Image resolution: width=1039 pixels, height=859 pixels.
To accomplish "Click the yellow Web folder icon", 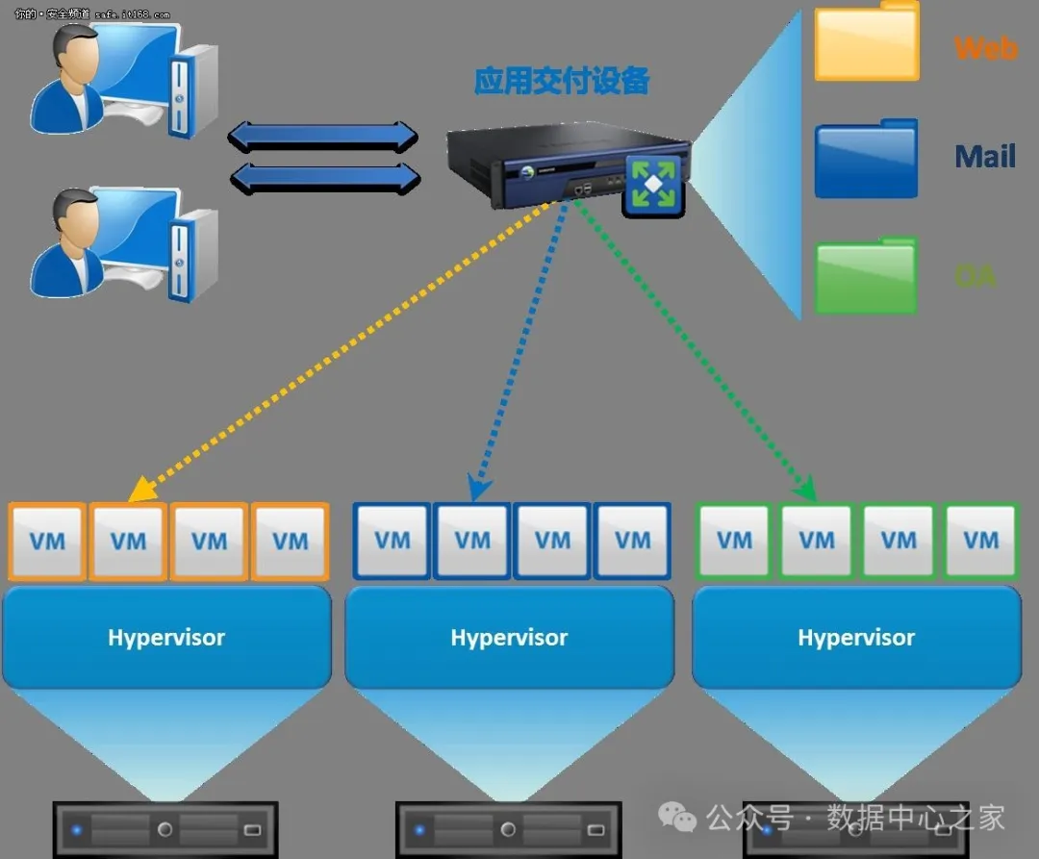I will [x=867, y=44].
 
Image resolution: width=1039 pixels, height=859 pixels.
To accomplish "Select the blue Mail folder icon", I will [x=866, y=160].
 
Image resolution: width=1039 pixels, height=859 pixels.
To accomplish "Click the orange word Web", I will [x=985, y=47].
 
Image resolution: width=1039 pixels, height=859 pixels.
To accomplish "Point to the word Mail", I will [x=985, y=156].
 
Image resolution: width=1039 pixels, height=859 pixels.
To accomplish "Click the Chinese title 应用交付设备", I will [x=562, y=81].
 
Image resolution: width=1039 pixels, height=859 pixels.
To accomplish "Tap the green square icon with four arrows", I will [x=652, y=184].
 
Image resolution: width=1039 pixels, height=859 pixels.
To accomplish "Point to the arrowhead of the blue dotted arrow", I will [x=478, y=490].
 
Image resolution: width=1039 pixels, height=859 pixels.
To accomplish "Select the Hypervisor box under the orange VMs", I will [x=166, y=637].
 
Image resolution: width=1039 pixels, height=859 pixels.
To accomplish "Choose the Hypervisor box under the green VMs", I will [x=856, y=637].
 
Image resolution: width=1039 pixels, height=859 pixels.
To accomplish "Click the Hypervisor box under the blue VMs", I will [x=509, y=637].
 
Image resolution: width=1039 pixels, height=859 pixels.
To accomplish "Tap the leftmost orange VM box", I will [x=47, y=541].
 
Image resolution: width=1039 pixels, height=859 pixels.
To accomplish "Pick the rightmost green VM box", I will [x=980, y=540].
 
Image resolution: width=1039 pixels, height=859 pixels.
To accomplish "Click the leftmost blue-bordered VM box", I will [x=392, y=541].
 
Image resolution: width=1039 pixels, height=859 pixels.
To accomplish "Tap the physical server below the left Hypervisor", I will [x=165, y=829].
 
